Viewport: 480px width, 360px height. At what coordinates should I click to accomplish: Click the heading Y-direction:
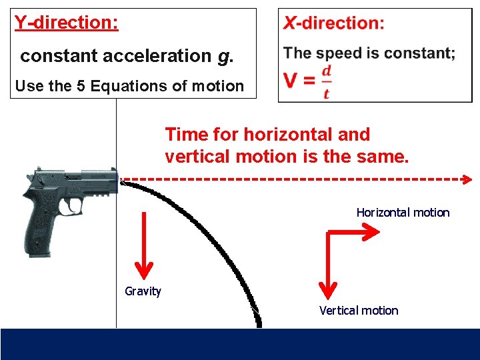(x=67, y=23)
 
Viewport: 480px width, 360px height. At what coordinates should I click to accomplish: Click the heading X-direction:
(x=334, y=23)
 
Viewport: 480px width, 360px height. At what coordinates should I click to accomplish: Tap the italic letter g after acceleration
(x=222, y=56)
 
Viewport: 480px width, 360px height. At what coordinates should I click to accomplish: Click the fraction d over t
(x=326, y=81)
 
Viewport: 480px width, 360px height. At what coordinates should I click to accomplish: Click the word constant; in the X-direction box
(x=421, y=53)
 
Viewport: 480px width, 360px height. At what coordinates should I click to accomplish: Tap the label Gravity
(x=143, y=291)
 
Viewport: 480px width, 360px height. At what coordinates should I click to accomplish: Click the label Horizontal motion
(x=403, y=213)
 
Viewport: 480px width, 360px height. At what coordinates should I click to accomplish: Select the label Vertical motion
(x=359, y=311)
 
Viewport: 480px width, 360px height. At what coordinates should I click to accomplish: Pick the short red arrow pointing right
(x=353, y=231)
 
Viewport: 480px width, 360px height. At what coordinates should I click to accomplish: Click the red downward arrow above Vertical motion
(x=327, y=264)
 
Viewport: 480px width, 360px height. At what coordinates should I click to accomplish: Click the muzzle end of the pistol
(x=115, y=180)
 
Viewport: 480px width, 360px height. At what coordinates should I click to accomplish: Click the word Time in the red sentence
(x=187, y=135)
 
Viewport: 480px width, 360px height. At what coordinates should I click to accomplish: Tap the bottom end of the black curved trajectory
(x=259, y=323)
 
